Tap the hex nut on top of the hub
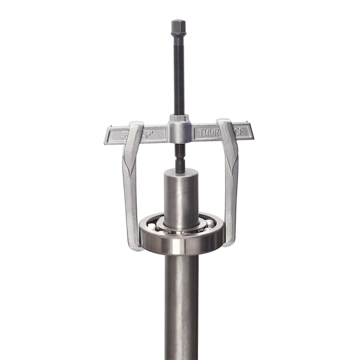[x=179, y=118]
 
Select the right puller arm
[x=231, y=189]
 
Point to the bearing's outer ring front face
[x=180, y=245]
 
